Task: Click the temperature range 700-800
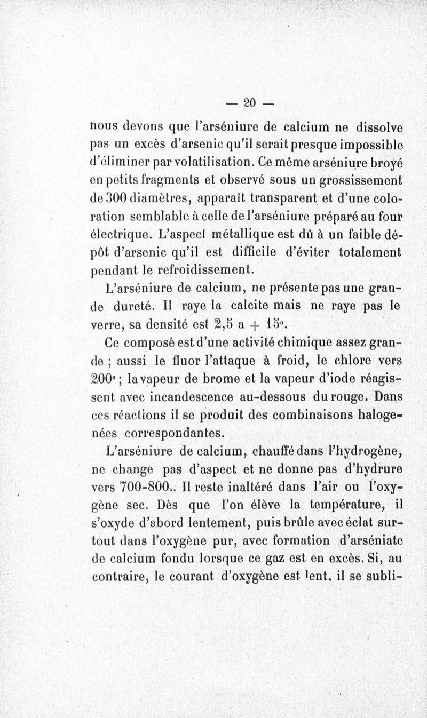click(x=138, y=486)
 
